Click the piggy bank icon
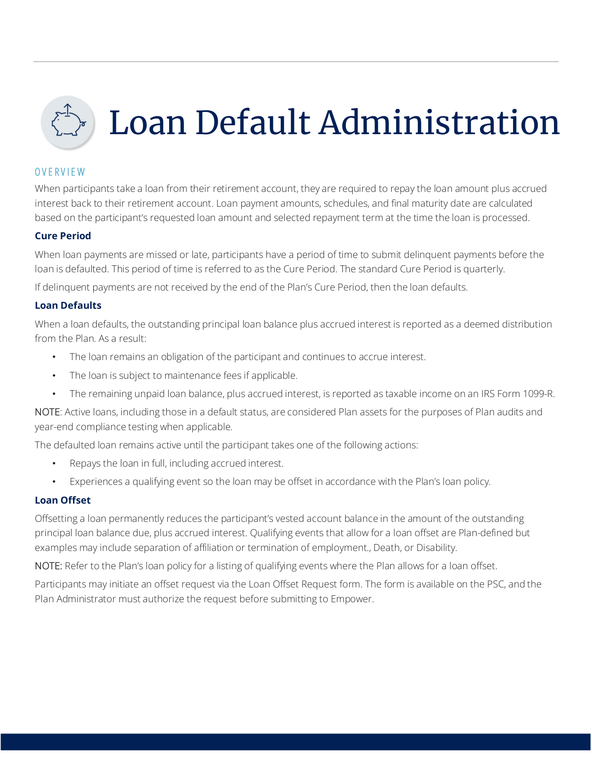[68, 122]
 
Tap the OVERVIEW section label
[60, 172]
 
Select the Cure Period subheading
[63, 236]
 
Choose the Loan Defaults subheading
[68, 305]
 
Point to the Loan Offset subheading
[63, 500]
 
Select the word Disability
[436, 547]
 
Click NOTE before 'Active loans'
[47, 412]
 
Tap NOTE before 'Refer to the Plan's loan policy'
[48, 566]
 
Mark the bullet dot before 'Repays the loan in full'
[54, 464]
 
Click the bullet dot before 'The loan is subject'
[54, 376]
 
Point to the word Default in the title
[253, 123]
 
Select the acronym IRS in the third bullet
[488, 394]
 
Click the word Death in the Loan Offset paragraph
[387, 547]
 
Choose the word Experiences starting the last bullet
[96, 481]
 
